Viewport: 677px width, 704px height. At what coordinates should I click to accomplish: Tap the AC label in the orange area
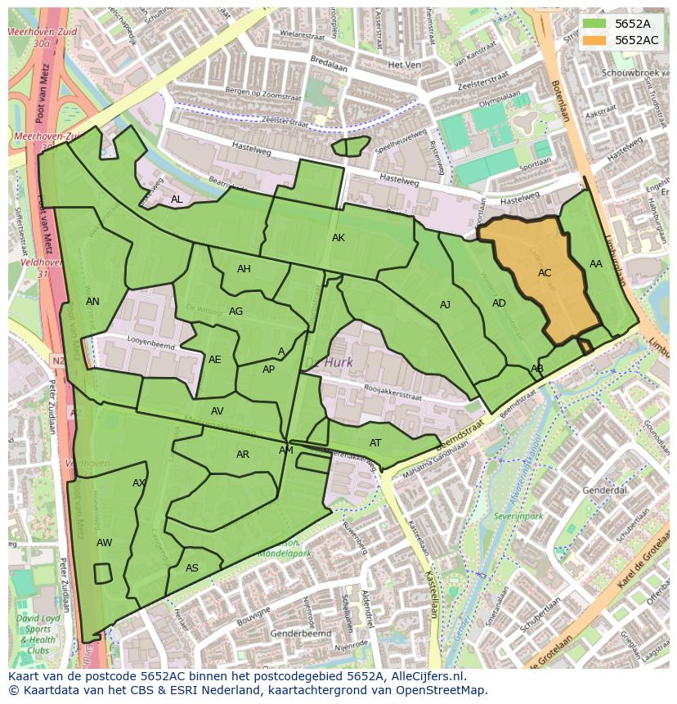point(545,273)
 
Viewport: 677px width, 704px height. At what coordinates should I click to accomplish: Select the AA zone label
point(596,264)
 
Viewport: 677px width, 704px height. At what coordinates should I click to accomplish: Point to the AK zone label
point(338,238)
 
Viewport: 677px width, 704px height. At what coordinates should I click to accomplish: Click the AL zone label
point(177,200)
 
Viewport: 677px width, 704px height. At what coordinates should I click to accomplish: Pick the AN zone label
point(92,302)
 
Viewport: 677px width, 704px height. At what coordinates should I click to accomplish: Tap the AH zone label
point(244,269)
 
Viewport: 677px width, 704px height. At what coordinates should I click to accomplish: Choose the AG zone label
point(236,312)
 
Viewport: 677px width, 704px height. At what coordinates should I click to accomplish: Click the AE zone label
point(215,360)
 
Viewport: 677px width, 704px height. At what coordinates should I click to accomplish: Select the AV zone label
point(217,411)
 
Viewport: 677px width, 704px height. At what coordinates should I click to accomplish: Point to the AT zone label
point(375,443)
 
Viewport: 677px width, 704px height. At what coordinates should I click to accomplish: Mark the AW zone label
point(104,543)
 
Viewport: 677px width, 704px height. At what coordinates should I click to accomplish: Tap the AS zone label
point(192,568)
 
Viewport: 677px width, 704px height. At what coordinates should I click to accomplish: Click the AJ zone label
point(445,305)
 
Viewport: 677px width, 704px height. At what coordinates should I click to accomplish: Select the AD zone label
point(499,303)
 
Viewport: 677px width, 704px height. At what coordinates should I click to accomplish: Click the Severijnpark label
point(518,517)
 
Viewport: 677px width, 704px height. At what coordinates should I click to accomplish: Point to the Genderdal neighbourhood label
point(604,490)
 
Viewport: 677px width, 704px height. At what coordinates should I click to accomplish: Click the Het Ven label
point(404,65)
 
